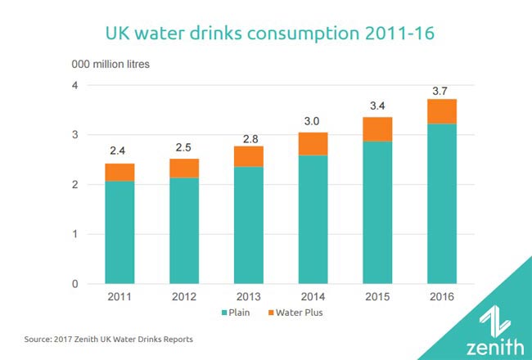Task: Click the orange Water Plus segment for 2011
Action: tap(119, 173)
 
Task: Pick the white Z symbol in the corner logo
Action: tap(494, 317)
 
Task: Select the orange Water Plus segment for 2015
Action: tap(376, 129)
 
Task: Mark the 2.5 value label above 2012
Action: tap(183, 147)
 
